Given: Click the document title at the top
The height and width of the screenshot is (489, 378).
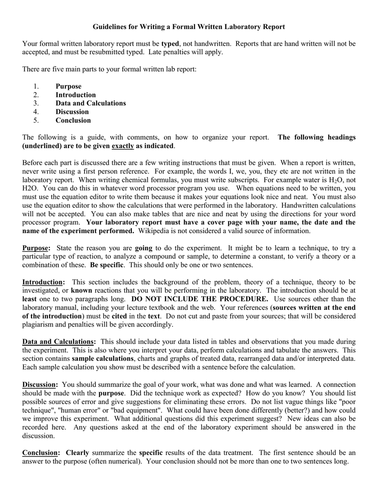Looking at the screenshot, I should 189,27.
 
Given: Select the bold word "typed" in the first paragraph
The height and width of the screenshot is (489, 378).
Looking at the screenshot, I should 170,44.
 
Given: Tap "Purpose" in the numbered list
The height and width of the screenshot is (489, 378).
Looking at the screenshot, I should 68,86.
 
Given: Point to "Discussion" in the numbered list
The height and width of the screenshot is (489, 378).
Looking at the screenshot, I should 72,112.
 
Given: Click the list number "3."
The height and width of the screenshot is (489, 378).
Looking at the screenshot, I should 36,103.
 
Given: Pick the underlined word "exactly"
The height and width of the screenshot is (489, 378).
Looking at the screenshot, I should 123,146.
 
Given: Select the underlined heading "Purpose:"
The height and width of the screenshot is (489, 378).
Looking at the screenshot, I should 36,248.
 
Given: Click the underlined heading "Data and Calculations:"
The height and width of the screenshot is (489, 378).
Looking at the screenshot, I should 59,342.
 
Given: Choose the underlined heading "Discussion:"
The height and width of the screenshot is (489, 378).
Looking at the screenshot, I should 40,385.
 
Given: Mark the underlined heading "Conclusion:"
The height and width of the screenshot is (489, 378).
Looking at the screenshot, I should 41,453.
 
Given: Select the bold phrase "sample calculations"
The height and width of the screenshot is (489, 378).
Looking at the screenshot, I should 103,359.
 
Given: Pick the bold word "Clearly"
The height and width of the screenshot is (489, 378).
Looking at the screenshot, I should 77,453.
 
